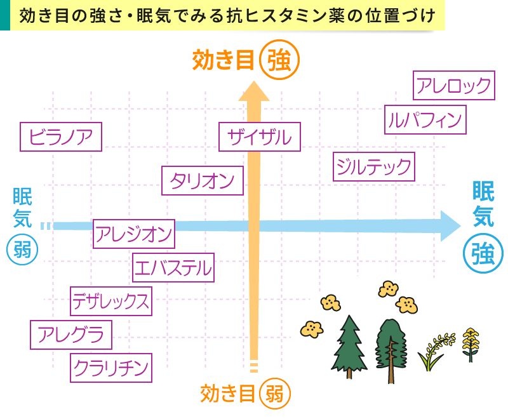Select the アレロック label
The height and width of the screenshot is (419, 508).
453,86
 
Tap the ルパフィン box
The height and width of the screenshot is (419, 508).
425,119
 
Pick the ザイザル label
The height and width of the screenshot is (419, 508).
259,137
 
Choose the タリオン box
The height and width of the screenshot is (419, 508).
203,180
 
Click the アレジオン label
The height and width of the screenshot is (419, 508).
134,234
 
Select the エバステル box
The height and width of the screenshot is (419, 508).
173,267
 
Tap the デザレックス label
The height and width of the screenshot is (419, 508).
111,301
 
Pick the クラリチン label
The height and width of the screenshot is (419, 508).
111,367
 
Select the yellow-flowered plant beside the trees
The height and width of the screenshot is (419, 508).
471,343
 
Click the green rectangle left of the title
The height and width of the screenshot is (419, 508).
5,15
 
